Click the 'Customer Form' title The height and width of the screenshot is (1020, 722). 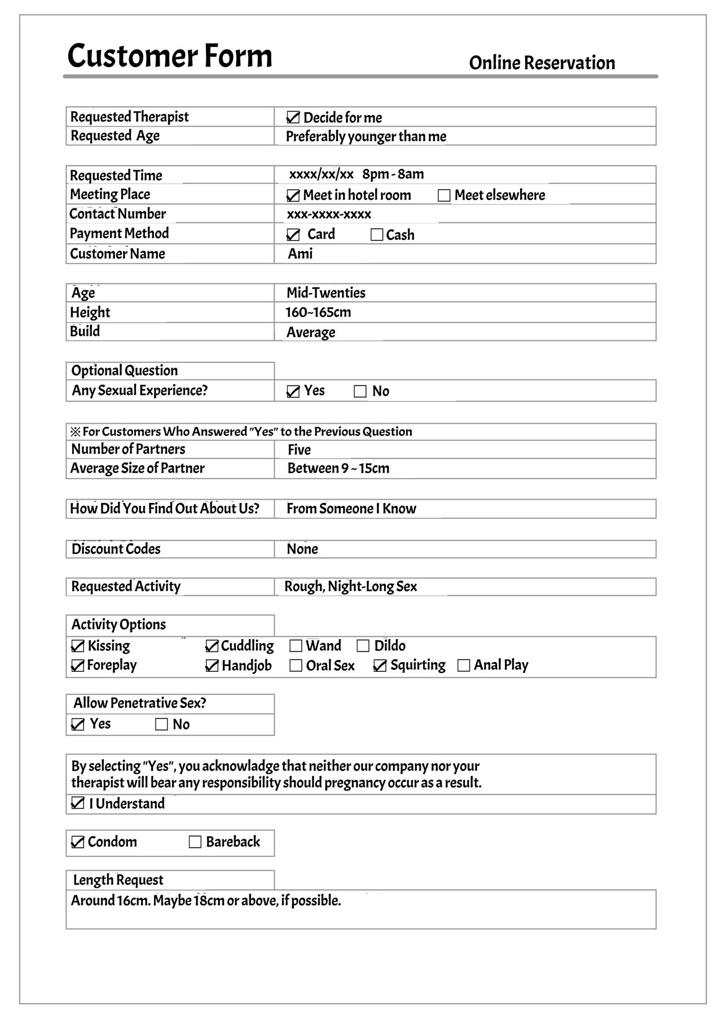[x=170, y=56]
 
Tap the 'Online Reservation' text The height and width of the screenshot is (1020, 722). [x=541, y=63]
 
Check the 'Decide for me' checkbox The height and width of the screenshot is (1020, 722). [x=293, y=117]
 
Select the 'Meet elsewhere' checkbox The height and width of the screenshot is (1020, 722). [x=444, y=195]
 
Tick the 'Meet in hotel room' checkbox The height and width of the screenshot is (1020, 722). [x=293, y=195]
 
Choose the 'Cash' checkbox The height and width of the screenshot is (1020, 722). [x=377, y=235]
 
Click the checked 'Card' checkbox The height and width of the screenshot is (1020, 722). [x=293, y=235]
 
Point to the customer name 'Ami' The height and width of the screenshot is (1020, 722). [x=300, y=253]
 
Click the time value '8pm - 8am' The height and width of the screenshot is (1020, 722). [x=393, y=174]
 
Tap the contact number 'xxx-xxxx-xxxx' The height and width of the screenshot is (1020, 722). [x=329, y=214]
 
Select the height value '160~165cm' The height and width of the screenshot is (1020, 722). [x=318, y=312]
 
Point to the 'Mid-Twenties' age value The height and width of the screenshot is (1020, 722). [x=326, y=292]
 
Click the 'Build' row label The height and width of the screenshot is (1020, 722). [x=85, y=331]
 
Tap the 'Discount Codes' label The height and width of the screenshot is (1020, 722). [x=116, y=549]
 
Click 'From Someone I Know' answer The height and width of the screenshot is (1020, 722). [x=351, y=509]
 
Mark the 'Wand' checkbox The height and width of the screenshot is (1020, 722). [x=296, y=646]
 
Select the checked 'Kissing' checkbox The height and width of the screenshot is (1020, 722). [x=78, y=646]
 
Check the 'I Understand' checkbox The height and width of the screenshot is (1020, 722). [x=78, y=803]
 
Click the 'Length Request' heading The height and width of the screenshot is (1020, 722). [x=118, y=879]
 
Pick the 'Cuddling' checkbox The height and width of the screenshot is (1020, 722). [x=212, y=646]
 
